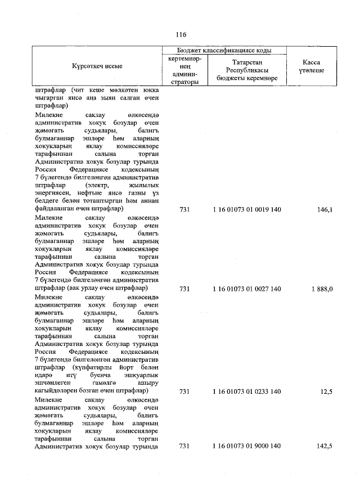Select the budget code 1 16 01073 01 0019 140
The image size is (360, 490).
pos(247,210)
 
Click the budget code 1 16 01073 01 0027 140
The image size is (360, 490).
pos(247,289)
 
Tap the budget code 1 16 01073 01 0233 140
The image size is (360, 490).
pos(247,391)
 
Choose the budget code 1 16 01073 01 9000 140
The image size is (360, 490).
pos(247,446)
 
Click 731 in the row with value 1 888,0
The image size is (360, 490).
pos(183,289)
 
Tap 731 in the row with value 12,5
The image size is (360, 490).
pos(183,391)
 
